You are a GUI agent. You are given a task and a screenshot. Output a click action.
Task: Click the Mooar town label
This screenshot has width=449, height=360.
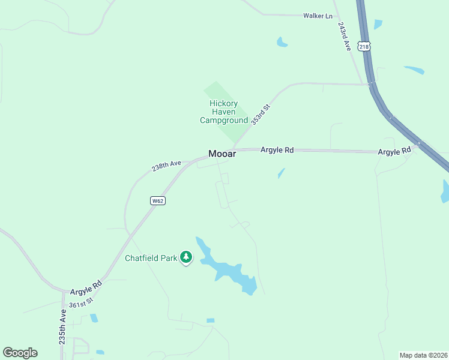222,154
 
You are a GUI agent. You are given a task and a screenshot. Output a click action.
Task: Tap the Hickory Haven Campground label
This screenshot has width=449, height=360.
223,112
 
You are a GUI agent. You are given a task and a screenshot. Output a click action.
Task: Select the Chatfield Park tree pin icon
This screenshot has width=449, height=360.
186,258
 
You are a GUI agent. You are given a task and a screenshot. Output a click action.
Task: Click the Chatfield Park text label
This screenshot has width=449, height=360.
151,258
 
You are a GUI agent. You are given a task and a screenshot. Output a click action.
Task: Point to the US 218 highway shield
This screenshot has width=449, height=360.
364,46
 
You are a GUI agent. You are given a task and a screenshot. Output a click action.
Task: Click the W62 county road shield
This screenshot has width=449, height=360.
157,201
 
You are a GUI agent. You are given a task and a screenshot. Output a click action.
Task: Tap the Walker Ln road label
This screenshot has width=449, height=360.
318,16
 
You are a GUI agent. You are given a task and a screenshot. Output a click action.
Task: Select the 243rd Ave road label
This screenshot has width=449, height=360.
344,37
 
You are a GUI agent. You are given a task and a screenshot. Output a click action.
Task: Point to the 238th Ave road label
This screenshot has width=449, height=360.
166,165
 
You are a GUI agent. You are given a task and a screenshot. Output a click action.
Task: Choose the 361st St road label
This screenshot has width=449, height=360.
81,303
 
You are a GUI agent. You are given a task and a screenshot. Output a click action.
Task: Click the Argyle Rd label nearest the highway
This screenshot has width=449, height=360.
394,152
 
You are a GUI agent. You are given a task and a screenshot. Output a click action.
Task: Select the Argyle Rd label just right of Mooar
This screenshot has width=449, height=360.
277,150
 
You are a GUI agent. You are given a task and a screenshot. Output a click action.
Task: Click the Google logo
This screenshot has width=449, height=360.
20,353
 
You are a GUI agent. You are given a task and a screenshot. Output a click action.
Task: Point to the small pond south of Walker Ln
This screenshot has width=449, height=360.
282,42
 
